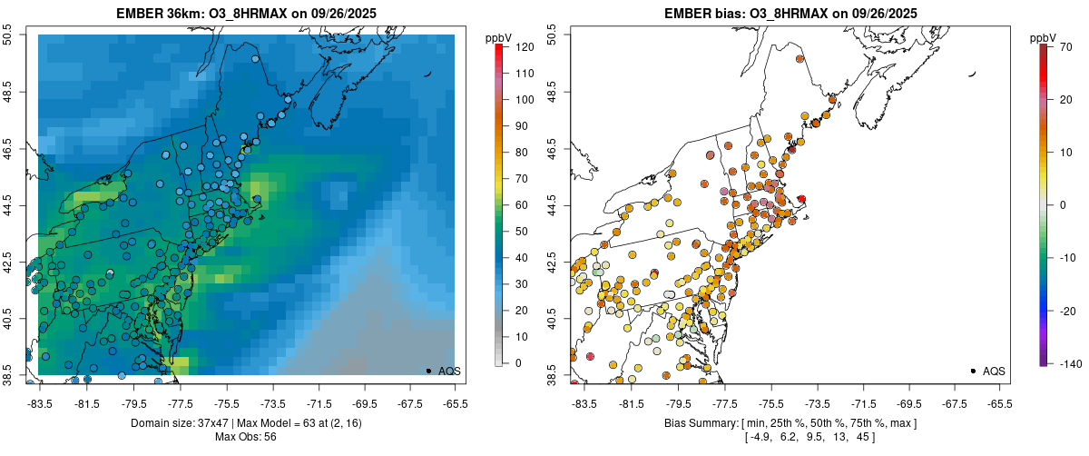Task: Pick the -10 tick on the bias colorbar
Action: [1067, 257]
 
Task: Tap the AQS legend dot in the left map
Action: [428, 371]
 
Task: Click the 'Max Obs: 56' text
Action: [247, 437]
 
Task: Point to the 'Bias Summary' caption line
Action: [790, 423]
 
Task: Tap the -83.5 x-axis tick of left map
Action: [40, 402]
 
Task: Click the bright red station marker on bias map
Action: [801, 198]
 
